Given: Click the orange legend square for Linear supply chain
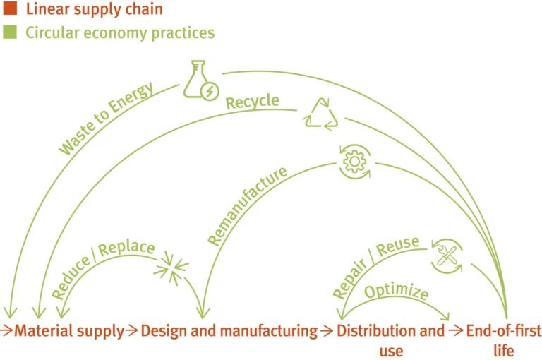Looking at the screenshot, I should click(8, 10).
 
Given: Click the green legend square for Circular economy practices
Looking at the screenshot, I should click(8, 32).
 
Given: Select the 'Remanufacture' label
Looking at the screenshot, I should click(248, 205).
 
